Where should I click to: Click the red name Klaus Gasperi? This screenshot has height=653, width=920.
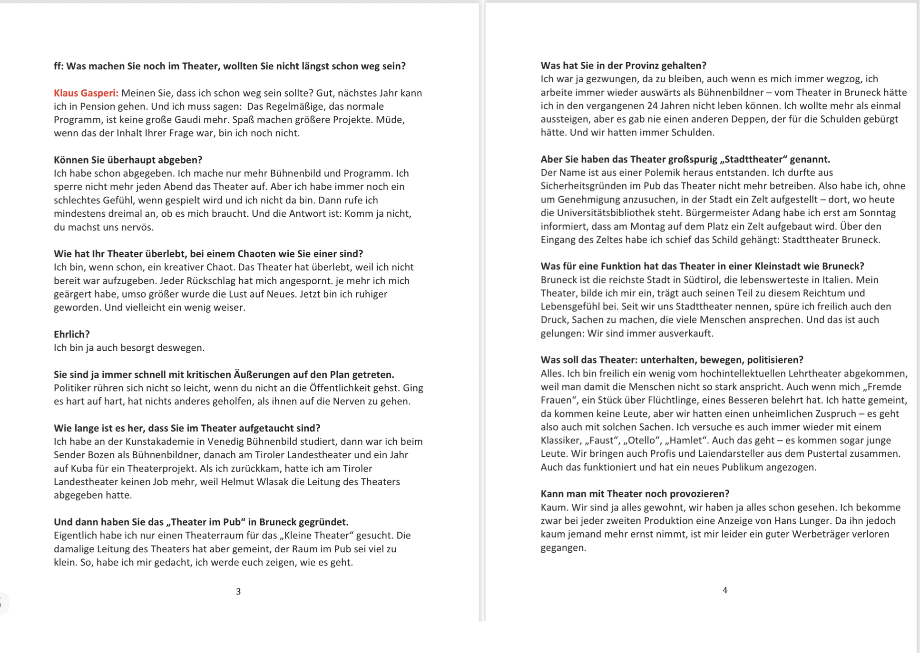[x=86, y=93]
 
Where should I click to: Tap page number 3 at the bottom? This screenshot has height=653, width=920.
[x=238, y=592]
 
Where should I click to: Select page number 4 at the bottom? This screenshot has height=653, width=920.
[x=725, y=590]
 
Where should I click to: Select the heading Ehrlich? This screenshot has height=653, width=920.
[x=71, y=334]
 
